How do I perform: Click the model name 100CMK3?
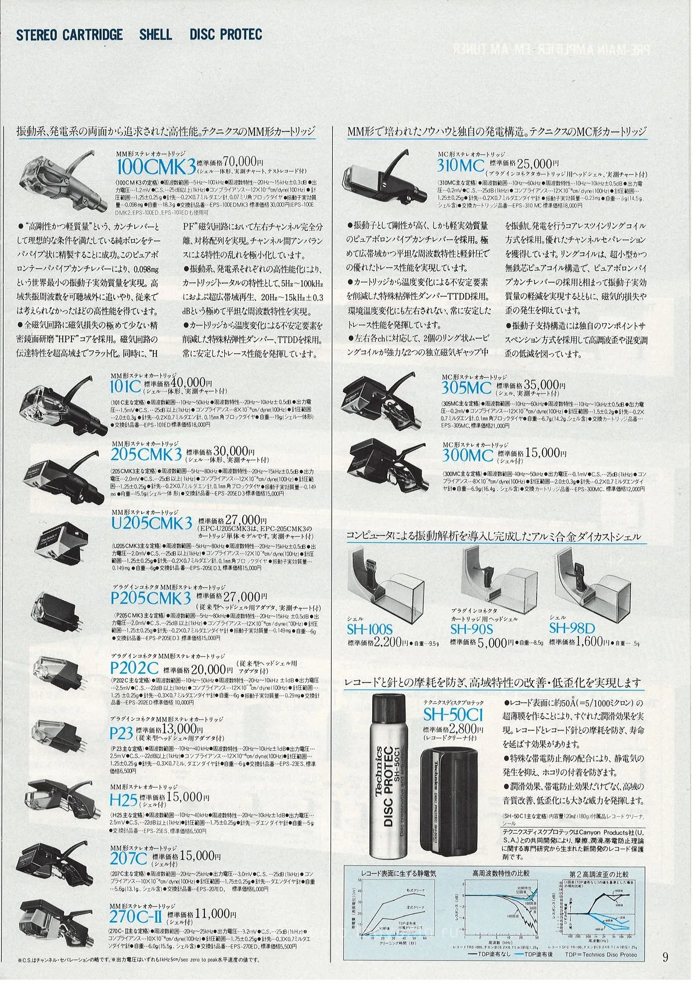tap(156, 167)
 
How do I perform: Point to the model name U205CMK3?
tap(151, 524)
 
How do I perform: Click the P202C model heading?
tap(134, 668)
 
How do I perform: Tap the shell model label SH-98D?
tap(572, 628)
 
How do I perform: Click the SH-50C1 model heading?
tap(452, 715)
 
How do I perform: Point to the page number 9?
tap(666, 957)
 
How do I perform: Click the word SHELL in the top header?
tap(155, 35)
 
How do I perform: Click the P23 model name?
tap(121, 732)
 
